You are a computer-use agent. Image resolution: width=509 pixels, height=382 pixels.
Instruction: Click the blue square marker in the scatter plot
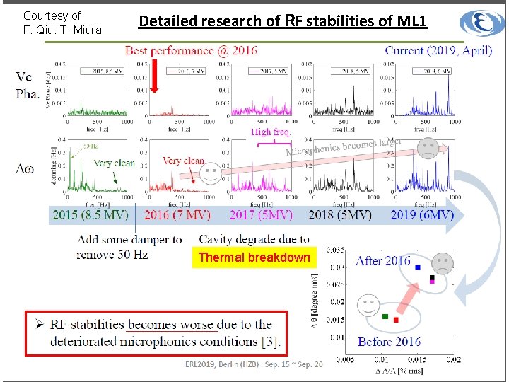tap(419, 267)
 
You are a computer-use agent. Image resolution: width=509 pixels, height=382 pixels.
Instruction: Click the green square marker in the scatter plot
tap(385, 316)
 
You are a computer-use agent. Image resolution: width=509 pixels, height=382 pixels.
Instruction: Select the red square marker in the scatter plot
tap(397, 320)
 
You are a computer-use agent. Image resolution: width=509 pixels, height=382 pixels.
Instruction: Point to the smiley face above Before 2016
tap(368, 306)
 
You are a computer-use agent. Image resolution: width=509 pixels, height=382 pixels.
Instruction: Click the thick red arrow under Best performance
tap(156, 77)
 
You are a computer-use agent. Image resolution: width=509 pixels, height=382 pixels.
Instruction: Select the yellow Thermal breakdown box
tap(254, 257)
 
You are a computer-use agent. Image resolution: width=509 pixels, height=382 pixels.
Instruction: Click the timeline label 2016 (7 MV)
tap(177, 214)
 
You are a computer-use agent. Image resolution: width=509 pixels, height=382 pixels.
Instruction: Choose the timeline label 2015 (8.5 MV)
tap(93, 214)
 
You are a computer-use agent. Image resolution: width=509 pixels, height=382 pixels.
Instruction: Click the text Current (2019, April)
tap(438, 50)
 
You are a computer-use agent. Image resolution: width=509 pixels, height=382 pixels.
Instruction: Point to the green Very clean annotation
tap(114, 163)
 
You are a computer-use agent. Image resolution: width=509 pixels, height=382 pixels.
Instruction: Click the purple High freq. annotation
tap(271, 132)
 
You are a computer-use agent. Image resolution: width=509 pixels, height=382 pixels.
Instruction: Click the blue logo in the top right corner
tap(482, 22)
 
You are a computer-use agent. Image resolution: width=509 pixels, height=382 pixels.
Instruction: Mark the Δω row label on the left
tap(25, 168)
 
